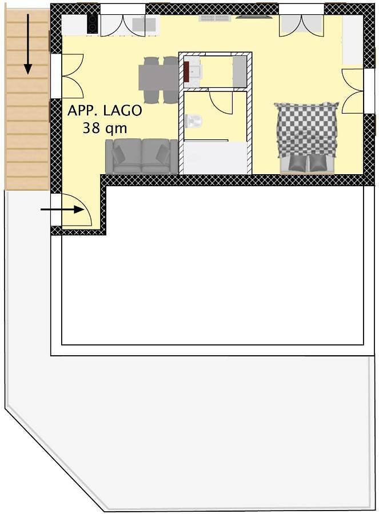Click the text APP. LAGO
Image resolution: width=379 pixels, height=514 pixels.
click(x=104, y=111)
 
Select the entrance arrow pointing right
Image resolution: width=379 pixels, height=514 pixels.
click(x=63, y=210)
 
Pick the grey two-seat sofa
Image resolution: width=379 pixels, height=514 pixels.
click(x=141, y=156)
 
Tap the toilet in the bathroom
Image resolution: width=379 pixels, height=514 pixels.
click(x=193, y=121)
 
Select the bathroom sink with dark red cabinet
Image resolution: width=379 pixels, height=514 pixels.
click(x=192, y=71)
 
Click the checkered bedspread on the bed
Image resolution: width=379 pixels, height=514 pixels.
click(x=306, y=128)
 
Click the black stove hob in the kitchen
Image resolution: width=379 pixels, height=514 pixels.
click(x=92, y=23)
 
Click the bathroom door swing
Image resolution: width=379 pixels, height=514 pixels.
click(x=221, y=102)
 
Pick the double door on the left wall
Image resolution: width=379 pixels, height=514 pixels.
click(x=72, y=75)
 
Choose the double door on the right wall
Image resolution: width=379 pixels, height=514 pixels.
click(x=352, y=90)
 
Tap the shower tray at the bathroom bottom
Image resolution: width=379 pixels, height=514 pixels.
click(x=215, y=156)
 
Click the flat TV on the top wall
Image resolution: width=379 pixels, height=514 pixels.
click(x=254, y=17)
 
